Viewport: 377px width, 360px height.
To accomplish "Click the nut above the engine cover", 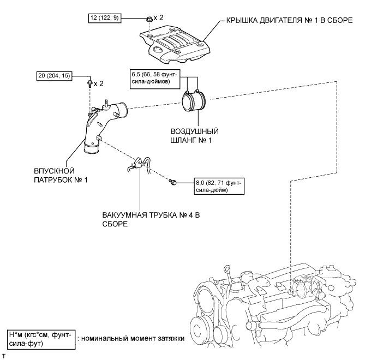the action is click(x=149, y=19).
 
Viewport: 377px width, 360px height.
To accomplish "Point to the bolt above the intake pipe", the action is click(x=89, y=83).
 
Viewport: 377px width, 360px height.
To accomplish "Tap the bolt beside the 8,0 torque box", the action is click(x=173, y=182).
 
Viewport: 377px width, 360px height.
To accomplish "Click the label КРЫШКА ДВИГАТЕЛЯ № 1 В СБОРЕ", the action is click(x=290, y=20).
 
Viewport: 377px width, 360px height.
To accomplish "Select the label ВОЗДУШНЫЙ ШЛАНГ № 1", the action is click(x=195, y=135).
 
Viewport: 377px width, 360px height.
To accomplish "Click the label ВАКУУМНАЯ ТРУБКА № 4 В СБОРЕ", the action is click(x=151, y=219).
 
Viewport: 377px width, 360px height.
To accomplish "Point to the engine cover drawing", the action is click(x=175, y=46).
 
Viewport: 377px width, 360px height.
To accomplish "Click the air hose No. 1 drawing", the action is click(x=194, y=101).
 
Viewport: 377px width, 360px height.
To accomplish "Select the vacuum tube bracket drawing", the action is click(x=139, y=165).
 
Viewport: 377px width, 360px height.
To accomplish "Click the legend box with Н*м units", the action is click(x=41, y=339).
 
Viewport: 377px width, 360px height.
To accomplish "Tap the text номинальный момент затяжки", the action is click(x=133, y=338).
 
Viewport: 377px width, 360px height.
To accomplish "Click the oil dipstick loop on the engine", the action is click(x=226, y=268).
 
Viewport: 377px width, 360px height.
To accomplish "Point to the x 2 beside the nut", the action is click(x=158, y=17).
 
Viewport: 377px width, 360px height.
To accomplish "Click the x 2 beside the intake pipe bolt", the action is click(x=99, y=83).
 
